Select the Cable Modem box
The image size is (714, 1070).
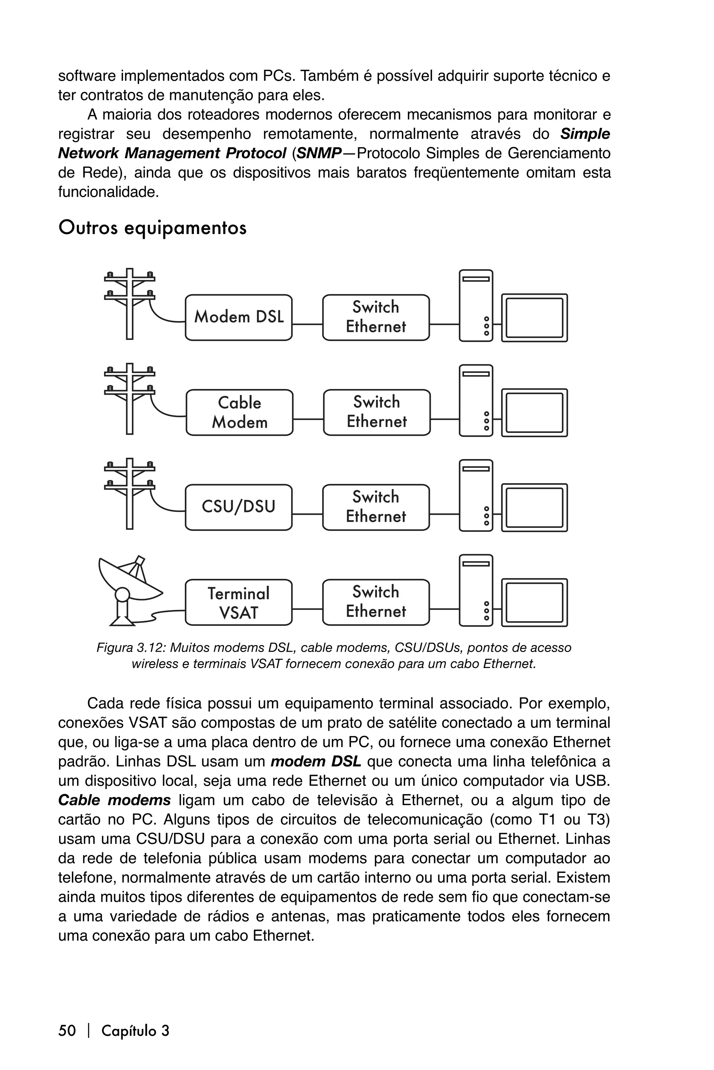pyautogui.click(x=240, y=413)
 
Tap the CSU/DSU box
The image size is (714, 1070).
pyautogui.click(x=238, y=507)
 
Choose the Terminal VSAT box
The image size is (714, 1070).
pyautogui.click(x=238, y=602)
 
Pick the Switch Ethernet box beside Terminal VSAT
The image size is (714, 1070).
pyautogui.click(x=376, y=602)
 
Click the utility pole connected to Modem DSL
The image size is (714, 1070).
pyautogui.click(x=130, y=303)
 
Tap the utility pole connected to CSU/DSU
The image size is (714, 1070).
pyautogui.click(x=130, y=493)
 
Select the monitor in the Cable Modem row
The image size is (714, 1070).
pyautogui.click(x=534, y=413)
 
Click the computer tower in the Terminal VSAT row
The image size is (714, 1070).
pyautogui.click(x=476, y=590)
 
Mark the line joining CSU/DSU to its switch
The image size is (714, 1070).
pyautogui.click(x=307, y=514)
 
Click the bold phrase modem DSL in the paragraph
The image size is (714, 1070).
pyautogui.click(x=316, y=761)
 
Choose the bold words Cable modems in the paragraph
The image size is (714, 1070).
pyautogui.click(x=114, y=800)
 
